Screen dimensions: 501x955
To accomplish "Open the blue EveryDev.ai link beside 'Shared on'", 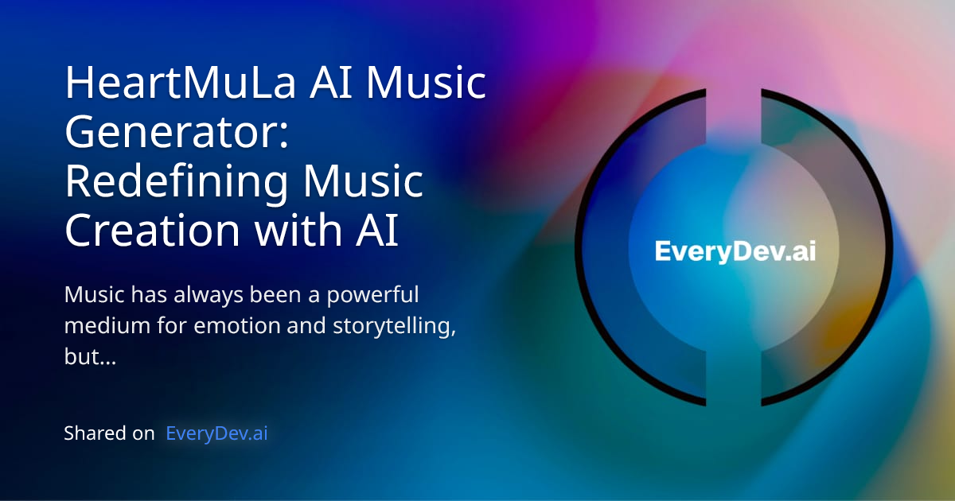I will tap(216, 433).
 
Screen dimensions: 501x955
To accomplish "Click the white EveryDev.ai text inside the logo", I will tap(735, 252).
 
